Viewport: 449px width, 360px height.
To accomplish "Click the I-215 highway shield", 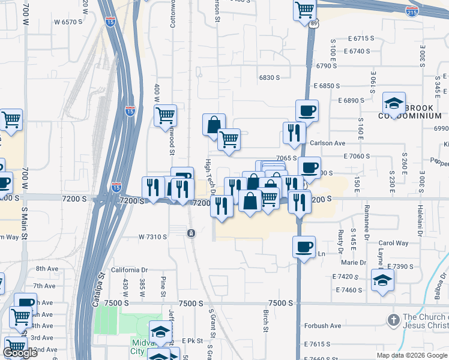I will point(412,11).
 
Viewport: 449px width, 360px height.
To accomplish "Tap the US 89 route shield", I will point(315,23).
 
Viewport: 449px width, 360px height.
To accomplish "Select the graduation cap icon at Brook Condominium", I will point(394,103).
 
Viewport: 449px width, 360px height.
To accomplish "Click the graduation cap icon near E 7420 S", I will point(382,280).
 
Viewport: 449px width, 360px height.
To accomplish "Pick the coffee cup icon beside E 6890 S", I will point(307,110).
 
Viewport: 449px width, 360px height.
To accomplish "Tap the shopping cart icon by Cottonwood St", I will point(165,115).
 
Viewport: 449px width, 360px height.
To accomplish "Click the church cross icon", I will point(393,320).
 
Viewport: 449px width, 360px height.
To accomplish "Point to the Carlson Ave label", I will point(327,143).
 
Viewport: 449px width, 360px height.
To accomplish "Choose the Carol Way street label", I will point(393,243).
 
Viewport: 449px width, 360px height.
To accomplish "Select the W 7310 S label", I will point(152,237).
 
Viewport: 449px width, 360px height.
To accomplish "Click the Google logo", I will point(19,353).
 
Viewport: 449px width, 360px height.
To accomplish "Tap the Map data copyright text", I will point(412,355).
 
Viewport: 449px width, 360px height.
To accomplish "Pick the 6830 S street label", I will point(270,78).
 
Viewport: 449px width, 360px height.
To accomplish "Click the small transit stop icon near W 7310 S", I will point(190,233).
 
